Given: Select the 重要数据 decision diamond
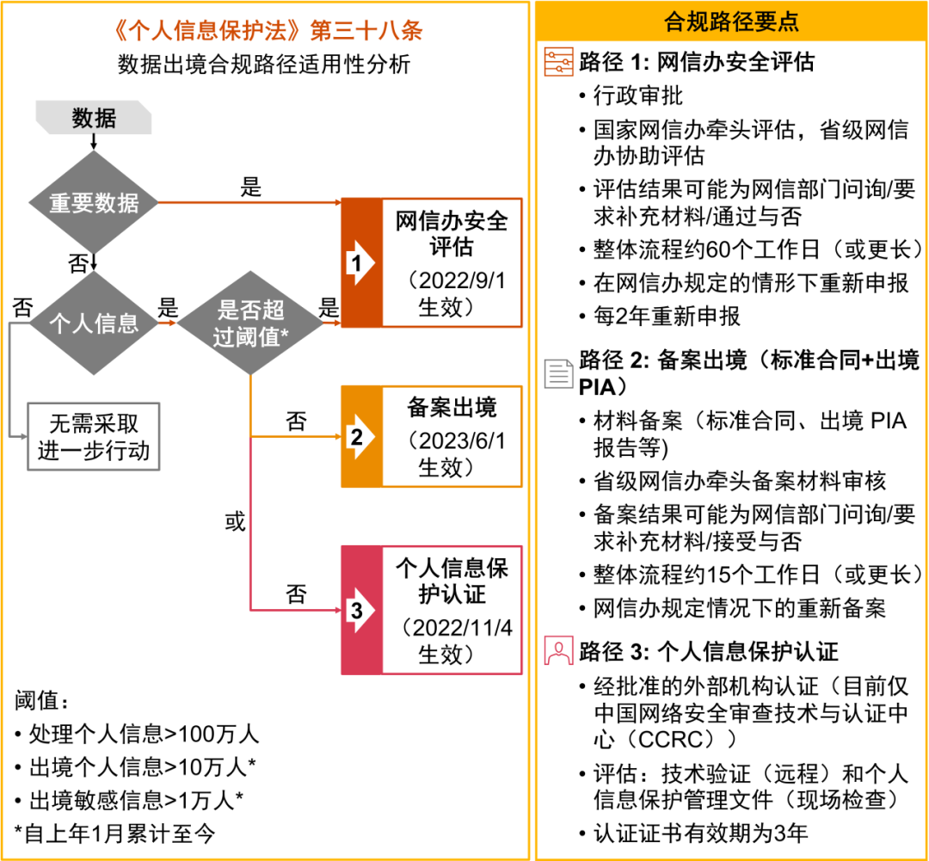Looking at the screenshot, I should [x=93, y=203].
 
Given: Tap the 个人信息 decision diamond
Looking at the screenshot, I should [x=93, y=323].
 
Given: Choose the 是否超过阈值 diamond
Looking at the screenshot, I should [x=249, y=323].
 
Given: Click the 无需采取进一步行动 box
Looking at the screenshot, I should [x=93, y=438].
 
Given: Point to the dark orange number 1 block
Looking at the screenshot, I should [x=361, y=262].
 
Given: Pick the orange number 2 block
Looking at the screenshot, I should [x=361, y=437].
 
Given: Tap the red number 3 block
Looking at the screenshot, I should [x=361, y=610].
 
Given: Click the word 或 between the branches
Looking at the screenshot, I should [x=235, y=522].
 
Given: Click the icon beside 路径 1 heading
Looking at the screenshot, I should [x=559, y=62].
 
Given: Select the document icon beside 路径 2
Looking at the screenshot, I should [x=559, y=372].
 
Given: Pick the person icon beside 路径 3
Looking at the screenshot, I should [x=559, y=650].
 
